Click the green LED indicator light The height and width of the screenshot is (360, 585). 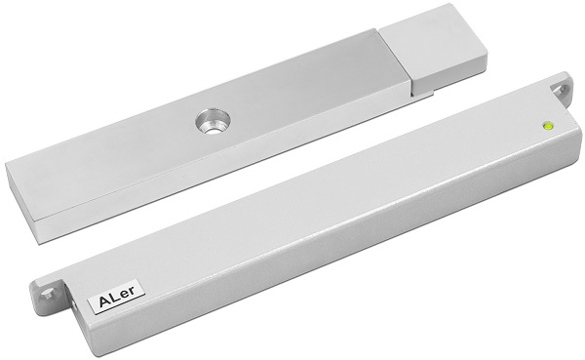[548, 126]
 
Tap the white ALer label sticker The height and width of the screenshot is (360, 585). [116, 295]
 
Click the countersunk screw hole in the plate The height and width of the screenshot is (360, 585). [213, 121]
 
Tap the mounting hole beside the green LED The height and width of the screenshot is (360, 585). [561, 89]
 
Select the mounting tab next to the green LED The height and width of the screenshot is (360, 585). [560, 89]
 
